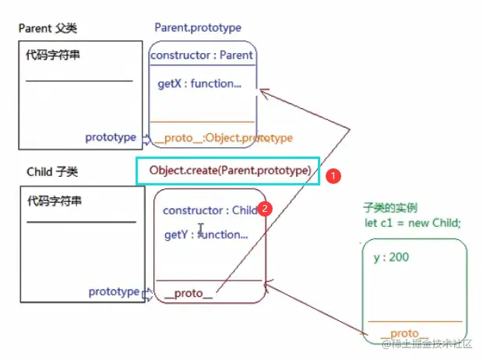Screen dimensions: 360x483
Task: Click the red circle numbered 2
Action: click(x=265, y=209)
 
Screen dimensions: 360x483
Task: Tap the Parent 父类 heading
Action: click(x=48, y=30)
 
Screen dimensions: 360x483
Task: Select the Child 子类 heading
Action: click(x=48, y=171)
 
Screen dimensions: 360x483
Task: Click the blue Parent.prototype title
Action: click(x=198, y=28)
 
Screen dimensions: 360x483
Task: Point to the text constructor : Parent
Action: click(x=202, y=55)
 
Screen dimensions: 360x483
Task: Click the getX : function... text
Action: click(x=199, y=83)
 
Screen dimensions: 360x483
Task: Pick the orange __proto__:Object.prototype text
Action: click(x=223, y=138)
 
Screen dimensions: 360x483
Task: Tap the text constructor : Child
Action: click(x=210, y=210)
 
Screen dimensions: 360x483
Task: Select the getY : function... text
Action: click(x=206, y=234)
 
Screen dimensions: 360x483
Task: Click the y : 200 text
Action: click(x=391, y=257)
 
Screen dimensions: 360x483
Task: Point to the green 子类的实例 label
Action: click(x=390, y=209)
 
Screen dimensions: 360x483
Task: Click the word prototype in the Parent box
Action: click(x=111, y=137)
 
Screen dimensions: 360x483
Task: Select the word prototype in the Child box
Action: click(x=114, y=291)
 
